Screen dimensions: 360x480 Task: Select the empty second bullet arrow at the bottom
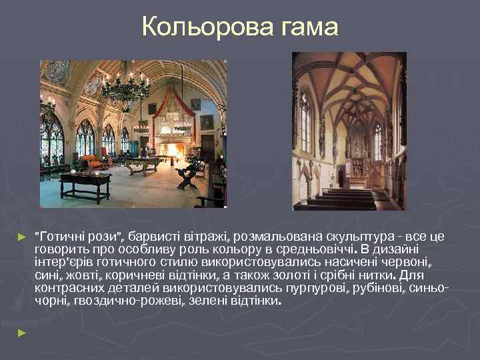pos(21,331)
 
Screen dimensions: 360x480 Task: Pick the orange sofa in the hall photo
pos(89,161)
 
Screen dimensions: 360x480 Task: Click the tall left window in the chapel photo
pos(305,123)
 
